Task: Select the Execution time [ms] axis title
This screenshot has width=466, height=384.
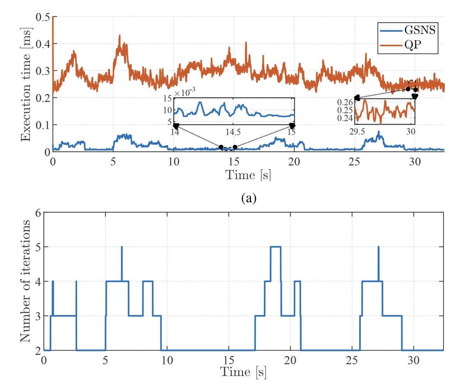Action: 26,85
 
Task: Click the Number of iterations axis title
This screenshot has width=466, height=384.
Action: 25,281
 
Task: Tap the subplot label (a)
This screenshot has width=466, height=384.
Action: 248,198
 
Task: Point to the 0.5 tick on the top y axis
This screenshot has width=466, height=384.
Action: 43,17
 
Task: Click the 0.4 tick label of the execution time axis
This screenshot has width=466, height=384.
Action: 43,44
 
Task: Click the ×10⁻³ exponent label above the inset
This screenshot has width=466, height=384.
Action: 185,92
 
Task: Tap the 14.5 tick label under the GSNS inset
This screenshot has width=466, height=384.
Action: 233,132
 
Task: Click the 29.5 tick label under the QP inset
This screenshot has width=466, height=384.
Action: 357,131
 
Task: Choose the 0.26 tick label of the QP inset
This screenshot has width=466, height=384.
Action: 345,102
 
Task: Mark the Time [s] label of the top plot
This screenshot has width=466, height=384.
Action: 248,175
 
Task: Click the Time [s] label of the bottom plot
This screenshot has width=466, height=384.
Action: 243,372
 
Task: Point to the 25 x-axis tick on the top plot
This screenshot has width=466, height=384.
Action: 354,162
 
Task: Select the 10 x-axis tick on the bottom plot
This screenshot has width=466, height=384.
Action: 167,360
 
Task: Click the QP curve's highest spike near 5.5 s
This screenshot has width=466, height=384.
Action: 120,36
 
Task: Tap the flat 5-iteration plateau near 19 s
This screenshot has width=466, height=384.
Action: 275,246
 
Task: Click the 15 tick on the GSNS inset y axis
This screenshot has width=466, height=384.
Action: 168,99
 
